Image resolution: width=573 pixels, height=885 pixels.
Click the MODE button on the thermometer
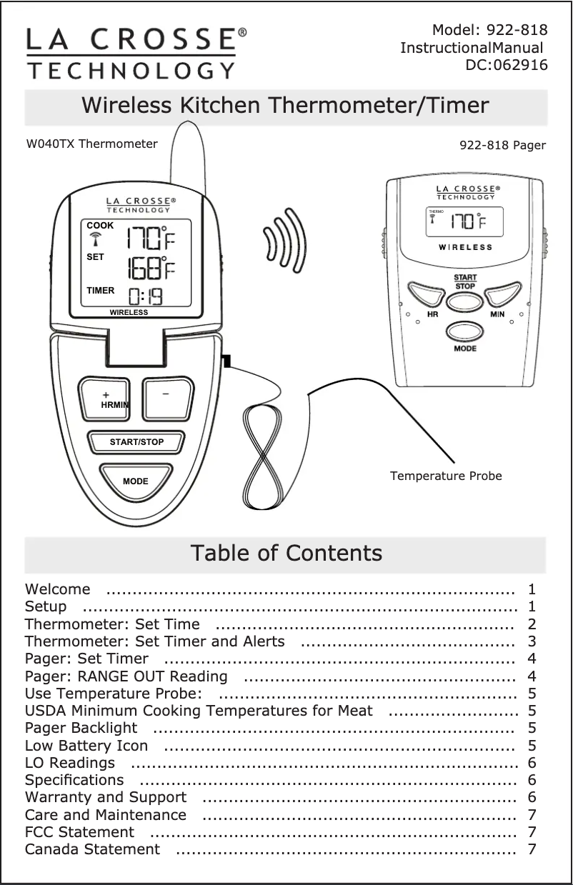coord(135,480)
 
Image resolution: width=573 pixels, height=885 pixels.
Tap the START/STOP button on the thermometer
coord(136,442)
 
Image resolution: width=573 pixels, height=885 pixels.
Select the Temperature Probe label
coord(446,476)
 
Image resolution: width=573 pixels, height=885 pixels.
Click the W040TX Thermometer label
coord(92,144)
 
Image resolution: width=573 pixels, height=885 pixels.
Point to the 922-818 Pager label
coord(502,145)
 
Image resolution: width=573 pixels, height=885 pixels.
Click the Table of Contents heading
coord(286,554)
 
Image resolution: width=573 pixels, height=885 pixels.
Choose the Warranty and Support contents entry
coord(106,797)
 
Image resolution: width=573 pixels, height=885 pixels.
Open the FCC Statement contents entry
coord(79,832)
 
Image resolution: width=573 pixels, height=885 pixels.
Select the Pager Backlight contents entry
coord(81,728)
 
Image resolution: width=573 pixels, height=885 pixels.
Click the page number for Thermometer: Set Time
coord(532,624)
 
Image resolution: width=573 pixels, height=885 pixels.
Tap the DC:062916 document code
coord(507,66)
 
